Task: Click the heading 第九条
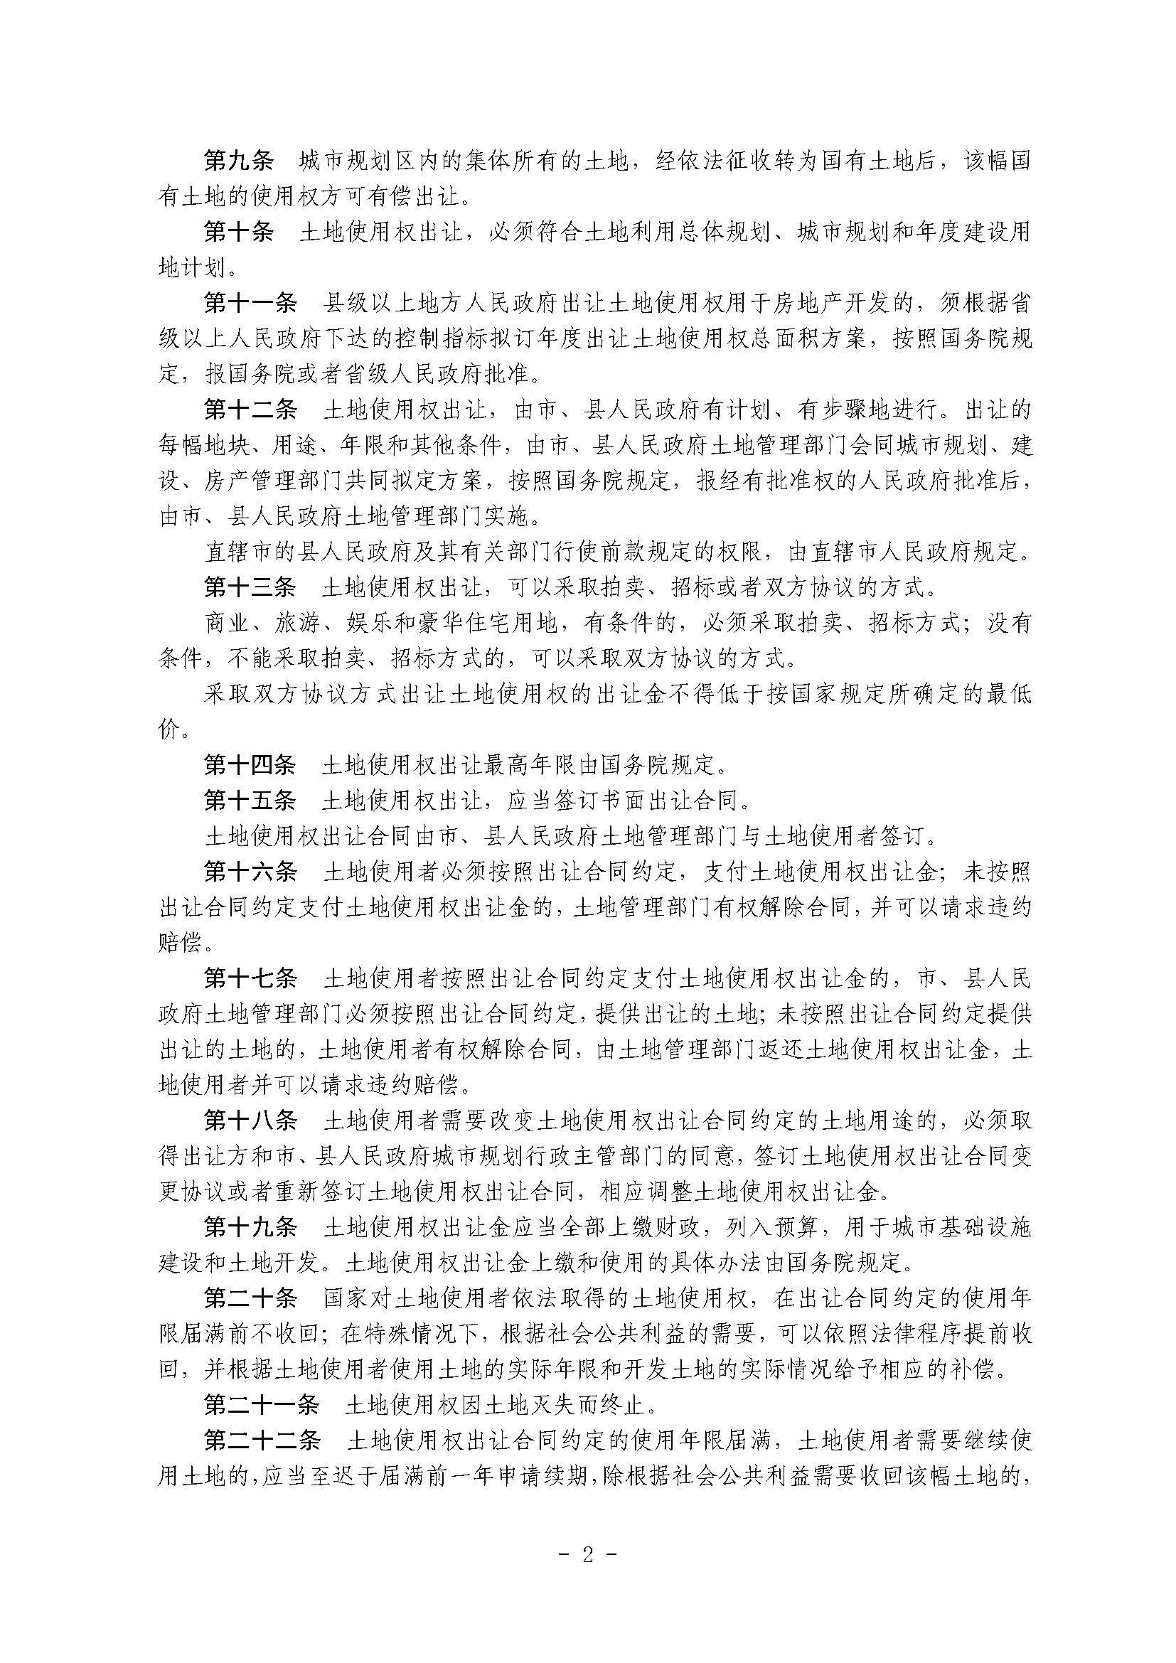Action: coord(238,161)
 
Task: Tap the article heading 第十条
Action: coord(238,232)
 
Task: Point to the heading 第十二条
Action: coord(250,410)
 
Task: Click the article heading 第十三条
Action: coord(250,587)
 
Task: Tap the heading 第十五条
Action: coord(250,801)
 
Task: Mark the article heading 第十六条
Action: coord(250,872)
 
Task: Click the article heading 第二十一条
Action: coord(262,1404)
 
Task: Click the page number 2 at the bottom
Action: coord(587,1552)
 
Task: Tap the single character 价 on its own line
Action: coord(169,729)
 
